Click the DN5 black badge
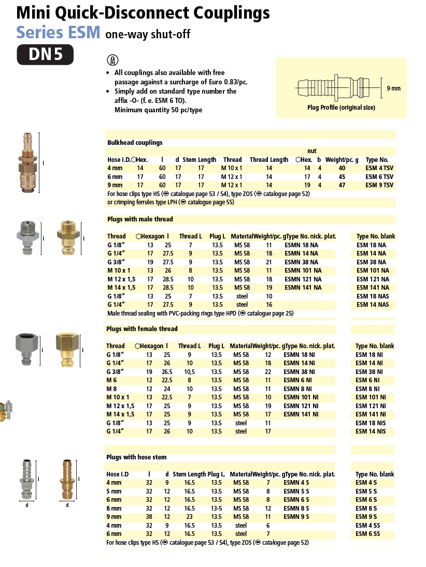(x=45, y=55)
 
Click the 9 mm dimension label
(x=393, y=88)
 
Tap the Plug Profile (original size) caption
(x=341, y=108)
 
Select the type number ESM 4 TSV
(x=379, y=169)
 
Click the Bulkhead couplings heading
(x=135, y=142)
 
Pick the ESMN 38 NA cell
(x=303, y=262)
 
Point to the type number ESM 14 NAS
(x=372, y=305)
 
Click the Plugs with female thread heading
(x=142, y=329)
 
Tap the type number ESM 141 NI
(x=370, y=414)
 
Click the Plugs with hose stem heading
(x=136, y=457)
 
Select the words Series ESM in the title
(x=58, y=32)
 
